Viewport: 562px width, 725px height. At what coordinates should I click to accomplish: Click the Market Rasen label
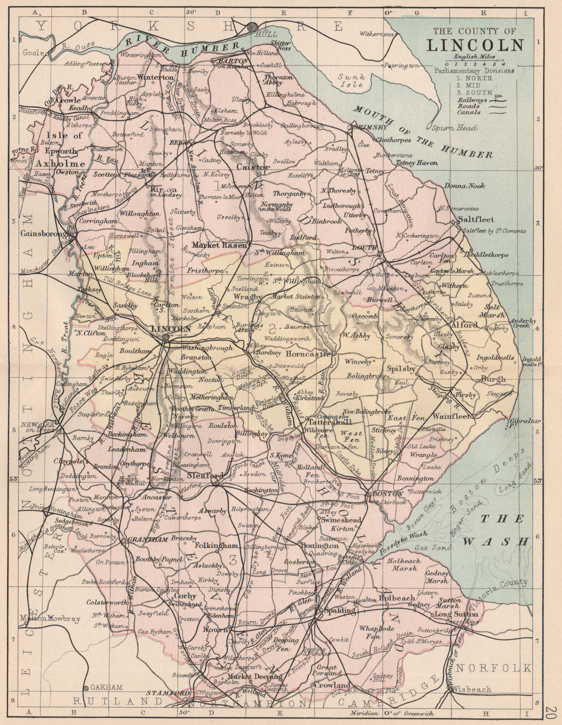coord(219,245)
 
